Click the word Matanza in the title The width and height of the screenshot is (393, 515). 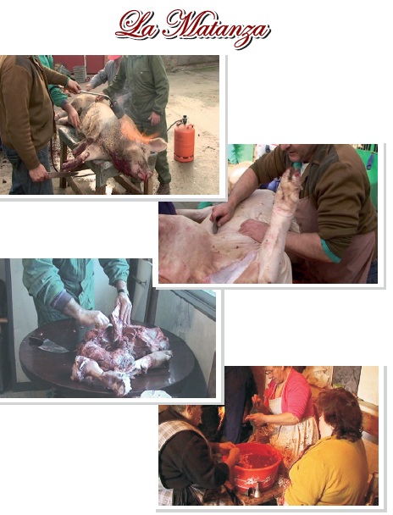click(x=219, y=28)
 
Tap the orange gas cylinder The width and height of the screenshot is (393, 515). click(x=184, y=141)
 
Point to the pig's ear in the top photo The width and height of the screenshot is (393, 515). click(x=158, y=145)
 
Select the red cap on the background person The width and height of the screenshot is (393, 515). click(x=114, y=58)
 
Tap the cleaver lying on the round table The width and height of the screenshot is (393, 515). click(x=50, y=344)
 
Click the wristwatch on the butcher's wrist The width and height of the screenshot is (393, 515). click(x=122, y=291)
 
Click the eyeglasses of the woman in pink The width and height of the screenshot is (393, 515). click(x=270, y=372)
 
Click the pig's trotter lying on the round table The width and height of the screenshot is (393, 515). click(x=155, y=358)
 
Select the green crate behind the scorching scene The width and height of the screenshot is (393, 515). click(x=80, y=74)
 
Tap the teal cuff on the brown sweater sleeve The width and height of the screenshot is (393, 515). click(x=331, y=251)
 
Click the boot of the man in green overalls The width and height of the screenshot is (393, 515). click(x=163, y=188)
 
